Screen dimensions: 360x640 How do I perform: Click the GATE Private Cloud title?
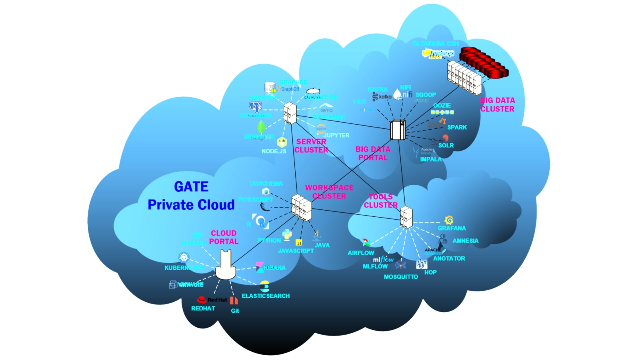(x=191, y=196)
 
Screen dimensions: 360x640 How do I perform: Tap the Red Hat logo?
(x=202, y=300)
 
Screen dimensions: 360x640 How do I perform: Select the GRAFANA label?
(x=452, y=228)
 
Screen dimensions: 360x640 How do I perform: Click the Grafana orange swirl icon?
(x=449, y=220)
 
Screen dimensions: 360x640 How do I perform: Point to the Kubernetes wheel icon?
(x=184, y=257)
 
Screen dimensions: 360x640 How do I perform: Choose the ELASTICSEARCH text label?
(x=266, y=296)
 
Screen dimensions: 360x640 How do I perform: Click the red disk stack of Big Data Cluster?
(x=484, y=62)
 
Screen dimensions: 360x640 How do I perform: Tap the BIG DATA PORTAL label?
(x=373, y=153)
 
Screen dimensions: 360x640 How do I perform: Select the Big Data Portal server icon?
(x=398, y=130)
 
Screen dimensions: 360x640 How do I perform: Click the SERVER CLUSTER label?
(x=311, y=146)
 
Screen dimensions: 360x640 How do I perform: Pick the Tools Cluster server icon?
(x=406, y=217)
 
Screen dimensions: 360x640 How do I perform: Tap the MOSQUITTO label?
(x=401, y=277)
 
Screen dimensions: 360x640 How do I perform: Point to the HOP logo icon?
(x=421, y=264)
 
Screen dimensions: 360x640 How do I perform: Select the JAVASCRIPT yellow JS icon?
(x=299, y=243)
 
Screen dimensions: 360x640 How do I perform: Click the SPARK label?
(x=457, y=127)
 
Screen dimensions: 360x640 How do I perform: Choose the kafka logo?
(x=382, y=97)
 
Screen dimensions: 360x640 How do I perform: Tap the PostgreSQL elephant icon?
(x=256, y=107)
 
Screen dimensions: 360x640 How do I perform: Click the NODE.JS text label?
(x=274, y=151)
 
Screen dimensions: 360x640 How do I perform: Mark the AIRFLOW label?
(x=361, y=253)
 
